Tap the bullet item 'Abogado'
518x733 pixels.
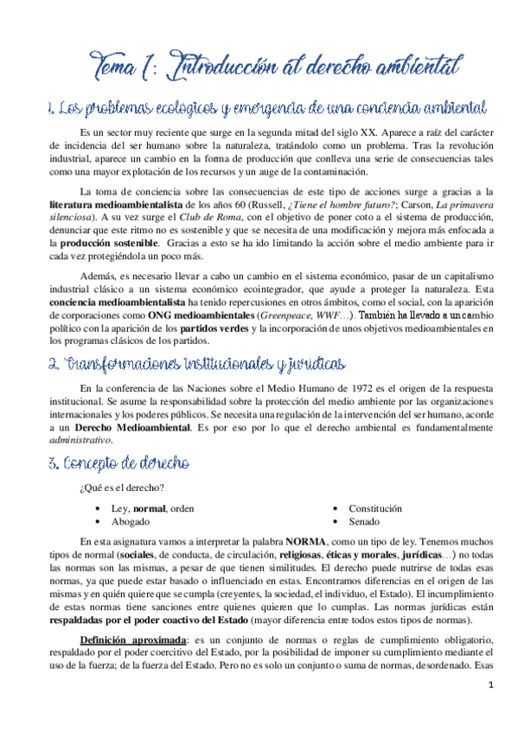pyautogui.click(x=131, y=521)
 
